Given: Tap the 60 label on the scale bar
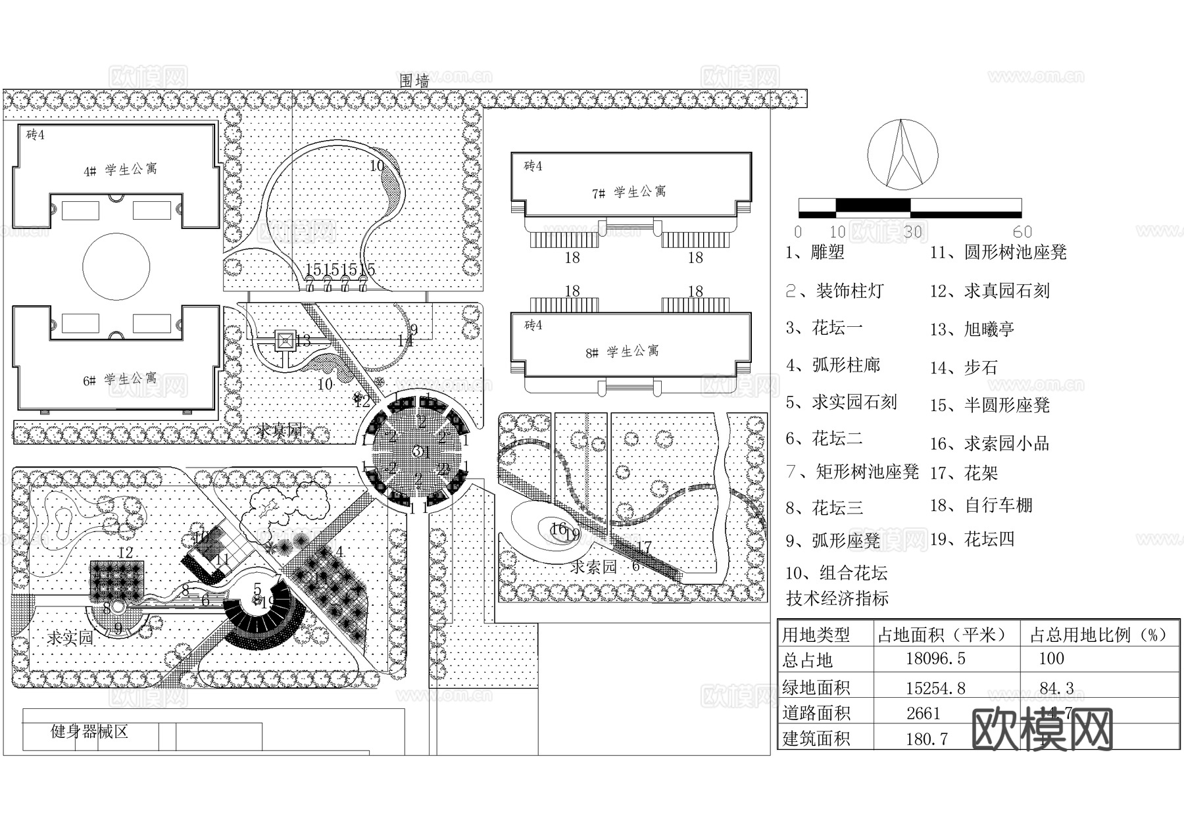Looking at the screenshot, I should pyautogui.click(x=1022, y=232).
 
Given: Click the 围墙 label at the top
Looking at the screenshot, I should pyautogui.click(x=414, y=81).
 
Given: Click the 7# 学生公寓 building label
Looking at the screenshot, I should pyautogui.click(x=629, y=192).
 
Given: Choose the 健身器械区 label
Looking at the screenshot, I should pyautogui.click(x=89, y=731).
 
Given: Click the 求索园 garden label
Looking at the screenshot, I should pyautogui.click(x=593, y=567).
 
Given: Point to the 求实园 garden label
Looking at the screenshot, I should pyautogui.click(x=70, y=637).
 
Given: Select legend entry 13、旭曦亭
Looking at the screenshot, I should pyautogui.click(x=972, y=329).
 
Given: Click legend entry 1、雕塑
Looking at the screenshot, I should pyautogui.click(x=815, y=252).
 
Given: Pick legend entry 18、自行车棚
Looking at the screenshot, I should pyautogui.click(x=981, y=505).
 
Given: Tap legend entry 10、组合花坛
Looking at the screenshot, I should pyautogui.click(x=836, y=573).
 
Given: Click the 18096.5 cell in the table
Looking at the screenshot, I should pyautogui.click(x=935, y=658).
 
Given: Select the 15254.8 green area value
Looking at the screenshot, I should pyautogui.click(x=935, y=688).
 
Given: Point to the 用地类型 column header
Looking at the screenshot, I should pyautogui.click(x=816, y=635).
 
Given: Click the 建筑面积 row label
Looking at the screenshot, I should pyautogui.click(x=816, y=739).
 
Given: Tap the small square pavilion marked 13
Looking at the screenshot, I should pyautogui.click(x=285, y=341).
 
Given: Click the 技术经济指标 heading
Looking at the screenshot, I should pyautogui.click(x=837, y=598).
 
